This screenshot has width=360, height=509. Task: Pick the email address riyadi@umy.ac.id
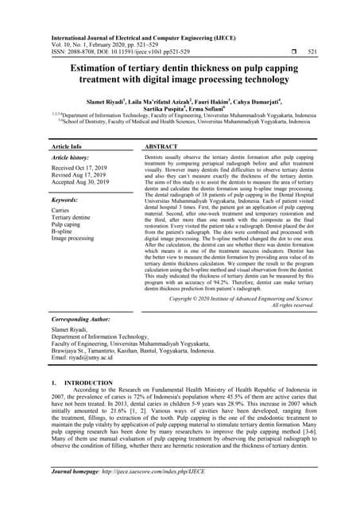[x=83, y=381]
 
